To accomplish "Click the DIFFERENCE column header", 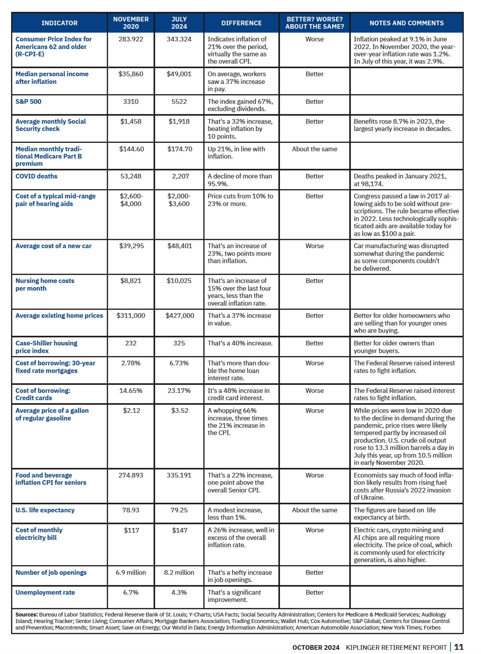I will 241,23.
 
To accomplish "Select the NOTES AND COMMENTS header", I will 406,23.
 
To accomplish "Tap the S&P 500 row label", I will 28,102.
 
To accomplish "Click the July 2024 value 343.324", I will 179,39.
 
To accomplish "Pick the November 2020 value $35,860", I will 131,74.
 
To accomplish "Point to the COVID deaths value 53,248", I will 131,176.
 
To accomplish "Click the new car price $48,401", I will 180,246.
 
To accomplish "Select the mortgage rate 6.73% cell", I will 179,363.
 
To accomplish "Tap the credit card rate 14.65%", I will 131,390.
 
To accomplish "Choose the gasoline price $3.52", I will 180,411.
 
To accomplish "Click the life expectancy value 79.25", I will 179,510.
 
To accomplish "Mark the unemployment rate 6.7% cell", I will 131,592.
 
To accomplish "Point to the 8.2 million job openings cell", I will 179,573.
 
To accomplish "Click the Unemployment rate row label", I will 45,592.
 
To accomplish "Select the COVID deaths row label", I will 36,176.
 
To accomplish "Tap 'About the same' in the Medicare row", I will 314,149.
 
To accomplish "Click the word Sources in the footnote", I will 26,615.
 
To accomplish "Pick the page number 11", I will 459,647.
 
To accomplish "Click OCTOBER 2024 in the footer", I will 316,647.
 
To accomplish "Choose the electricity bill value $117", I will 131,530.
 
